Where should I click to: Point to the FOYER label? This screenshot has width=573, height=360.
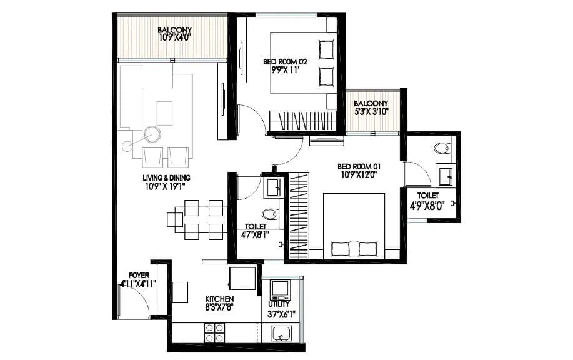[x=138, y=274]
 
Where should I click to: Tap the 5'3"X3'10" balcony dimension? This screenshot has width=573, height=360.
[x=371, y=112]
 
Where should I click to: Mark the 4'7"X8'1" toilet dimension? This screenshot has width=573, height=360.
[x=255, y=236]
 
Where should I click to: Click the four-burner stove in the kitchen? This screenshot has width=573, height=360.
[x=214, y=332]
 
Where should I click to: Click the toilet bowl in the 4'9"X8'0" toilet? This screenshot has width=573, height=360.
[x=442, y=149]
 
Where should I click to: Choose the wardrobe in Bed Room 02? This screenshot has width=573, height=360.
[x=302, y=119]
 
